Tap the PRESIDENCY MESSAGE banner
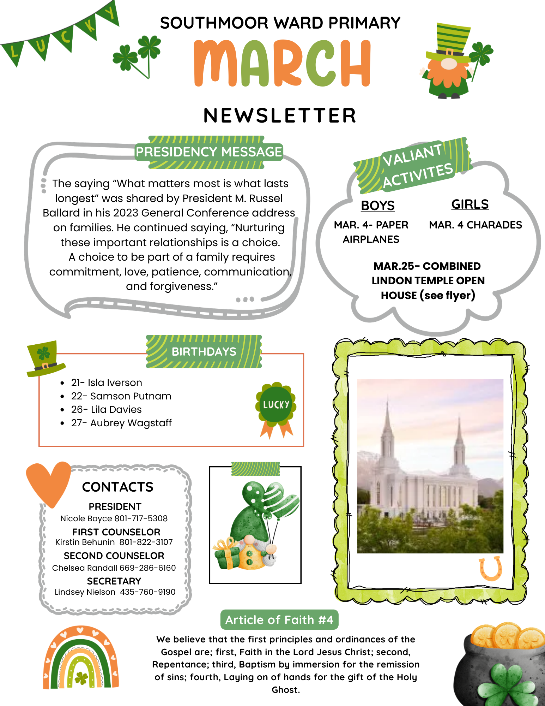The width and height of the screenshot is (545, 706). point(209,152)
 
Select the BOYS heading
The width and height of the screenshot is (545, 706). point(377,206)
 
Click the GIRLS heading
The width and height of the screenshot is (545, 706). point(470,204)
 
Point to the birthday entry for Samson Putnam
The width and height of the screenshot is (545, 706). point(121,396)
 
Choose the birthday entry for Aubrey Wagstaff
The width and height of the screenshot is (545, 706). point(121,423)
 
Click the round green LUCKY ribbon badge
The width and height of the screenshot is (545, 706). point(276,404)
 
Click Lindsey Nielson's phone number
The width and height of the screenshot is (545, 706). point(147,592)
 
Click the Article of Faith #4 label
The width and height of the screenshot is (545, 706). point(279,620)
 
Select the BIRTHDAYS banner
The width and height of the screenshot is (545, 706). point(204,352)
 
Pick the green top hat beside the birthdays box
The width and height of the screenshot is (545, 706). point(44,358)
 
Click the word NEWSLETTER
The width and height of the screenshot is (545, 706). point(280,116)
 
